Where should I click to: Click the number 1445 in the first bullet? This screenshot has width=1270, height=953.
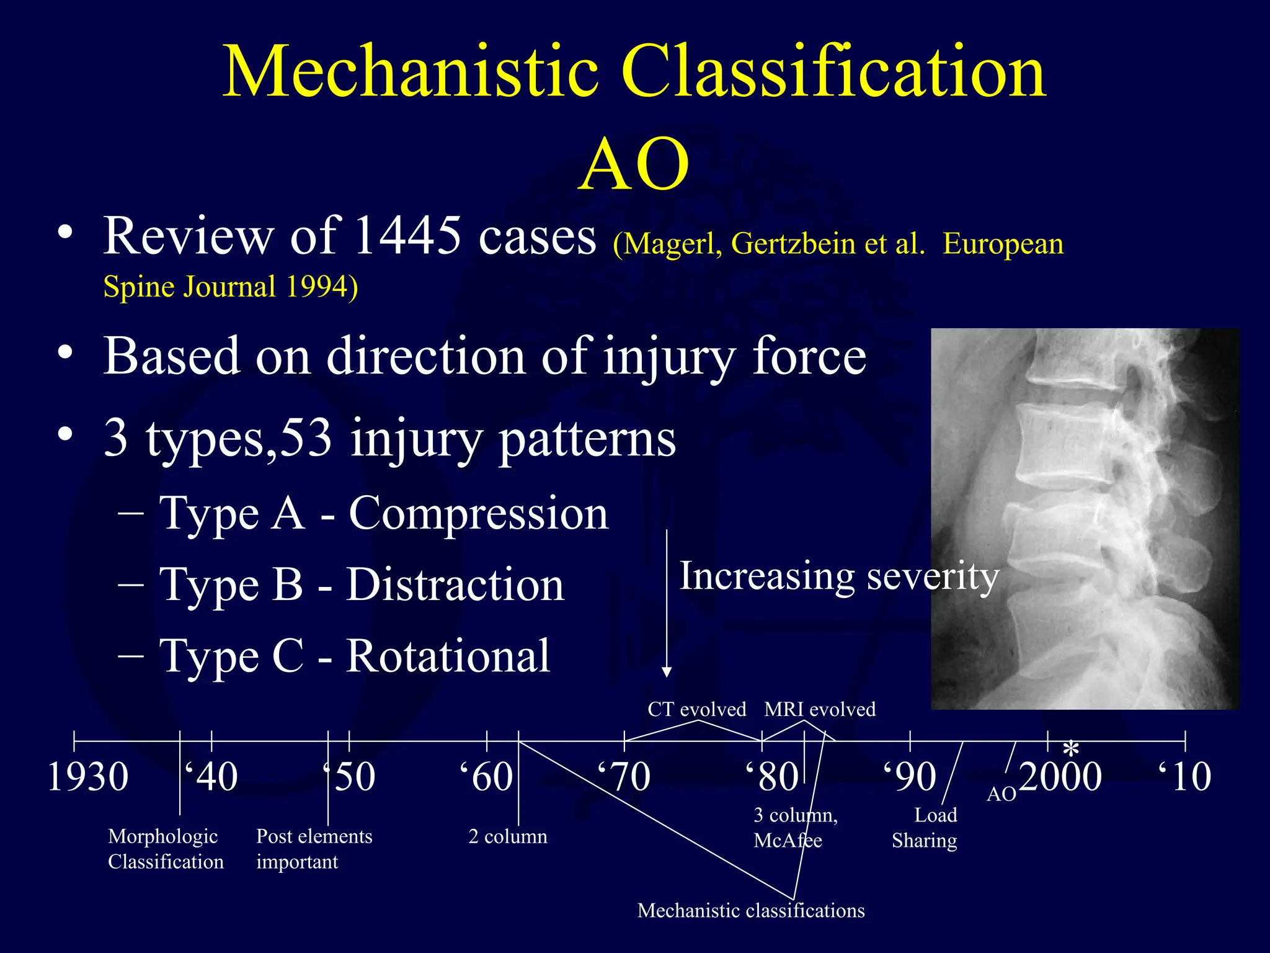[408, 236]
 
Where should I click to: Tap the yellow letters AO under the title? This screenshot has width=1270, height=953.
[634, 165]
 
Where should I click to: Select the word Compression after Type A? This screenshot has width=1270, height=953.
[478, 514]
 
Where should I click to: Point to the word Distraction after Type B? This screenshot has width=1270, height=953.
[455, 585]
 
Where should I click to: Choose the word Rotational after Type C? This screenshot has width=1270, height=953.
[448, 656]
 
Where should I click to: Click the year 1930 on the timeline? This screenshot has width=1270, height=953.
[87, 777]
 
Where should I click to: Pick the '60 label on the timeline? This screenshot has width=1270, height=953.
[487, 777]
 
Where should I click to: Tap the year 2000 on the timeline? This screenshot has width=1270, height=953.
[1060, 777]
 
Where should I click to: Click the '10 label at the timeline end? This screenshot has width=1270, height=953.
[1184, 777]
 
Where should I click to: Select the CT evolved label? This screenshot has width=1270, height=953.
[696, 709]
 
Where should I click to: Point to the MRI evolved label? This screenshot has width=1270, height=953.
[819, 709]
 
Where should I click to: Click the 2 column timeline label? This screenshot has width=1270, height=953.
[508, 836]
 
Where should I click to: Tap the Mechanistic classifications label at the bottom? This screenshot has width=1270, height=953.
[751, 910]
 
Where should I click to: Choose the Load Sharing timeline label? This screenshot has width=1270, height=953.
[925, 828]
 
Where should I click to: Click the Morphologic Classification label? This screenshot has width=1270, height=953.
[166, 849]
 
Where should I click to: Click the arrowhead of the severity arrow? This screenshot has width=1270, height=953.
[667, 672]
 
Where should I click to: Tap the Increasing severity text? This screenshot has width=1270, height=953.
[839, 577]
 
